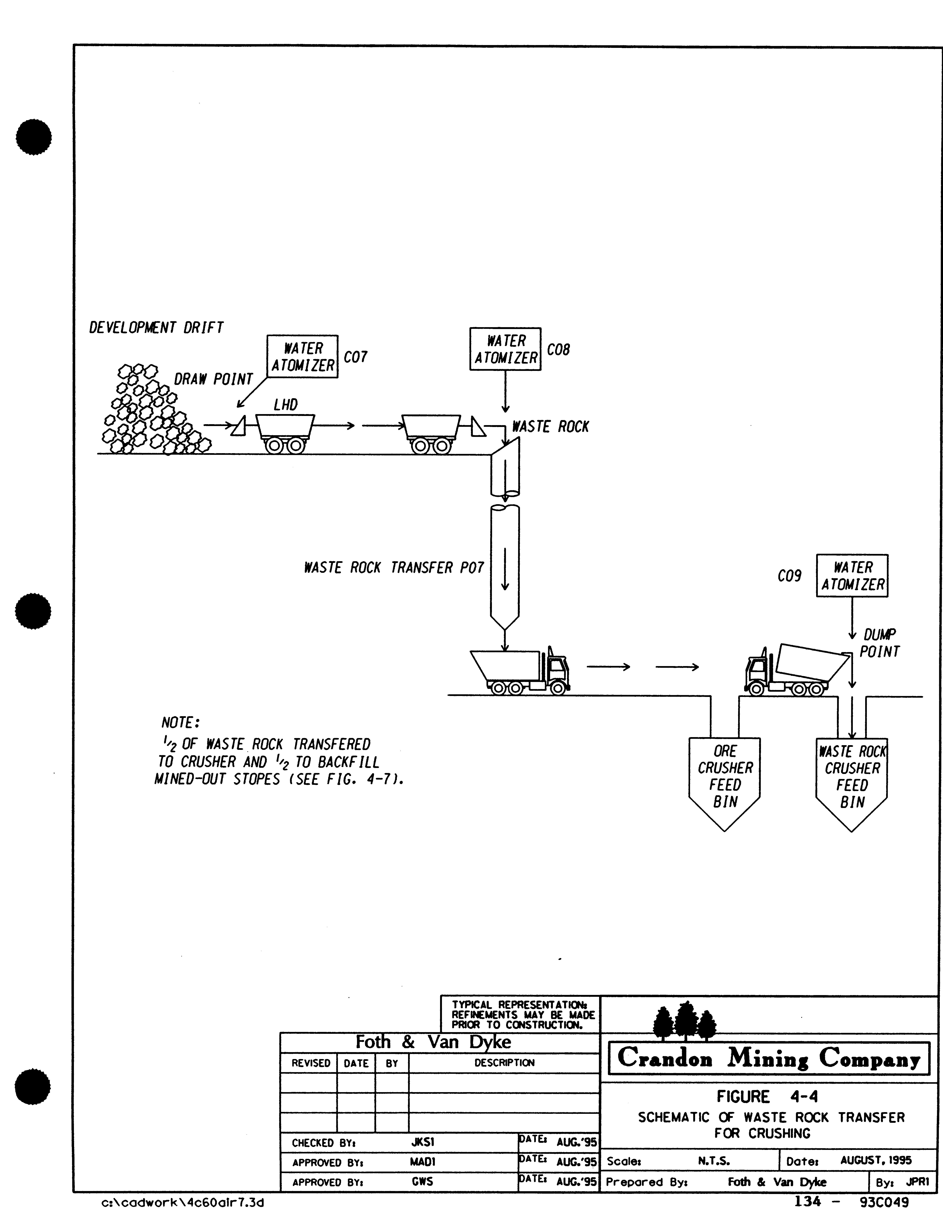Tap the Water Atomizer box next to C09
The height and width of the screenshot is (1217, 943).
(852, 576)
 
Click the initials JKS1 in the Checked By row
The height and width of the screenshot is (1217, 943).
(422, 1142)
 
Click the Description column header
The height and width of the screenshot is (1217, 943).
(504, 1063)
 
